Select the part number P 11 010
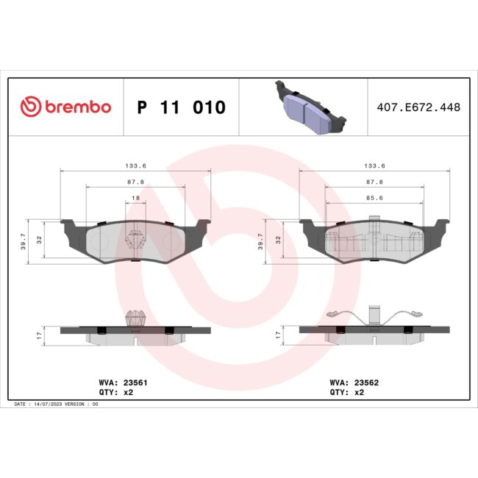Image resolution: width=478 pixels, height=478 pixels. pos(182,108)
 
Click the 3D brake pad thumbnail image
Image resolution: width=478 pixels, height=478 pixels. pos(307,107)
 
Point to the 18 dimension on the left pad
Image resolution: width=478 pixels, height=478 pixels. pos(135,198)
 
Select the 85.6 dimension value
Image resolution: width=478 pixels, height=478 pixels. pos(374,198)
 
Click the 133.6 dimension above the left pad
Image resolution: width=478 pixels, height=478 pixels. pos(135,165)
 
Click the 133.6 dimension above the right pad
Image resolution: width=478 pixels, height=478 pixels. pos(374,165)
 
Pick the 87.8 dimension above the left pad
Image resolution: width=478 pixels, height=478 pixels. pos(135,182)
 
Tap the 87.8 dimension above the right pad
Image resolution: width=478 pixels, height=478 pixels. pos(374,182)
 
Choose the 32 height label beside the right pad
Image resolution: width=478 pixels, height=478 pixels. pos(279,239)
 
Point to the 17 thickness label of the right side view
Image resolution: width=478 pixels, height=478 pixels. pos(278,335)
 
